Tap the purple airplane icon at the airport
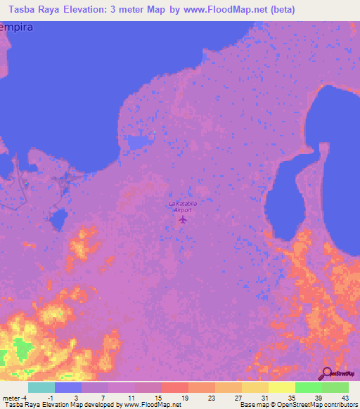tap(183, 219)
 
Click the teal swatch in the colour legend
tap(41, 387)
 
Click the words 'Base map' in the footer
tap(251, 405)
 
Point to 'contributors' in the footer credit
tap(341, 405)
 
